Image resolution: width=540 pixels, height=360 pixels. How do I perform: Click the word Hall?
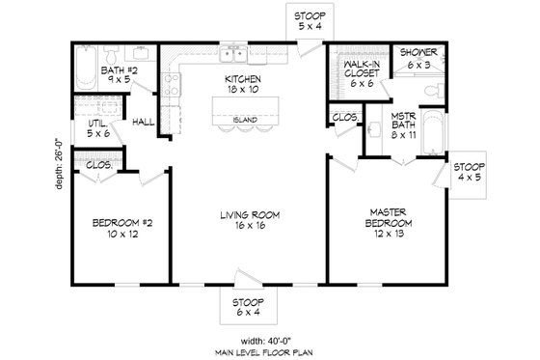144,123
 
